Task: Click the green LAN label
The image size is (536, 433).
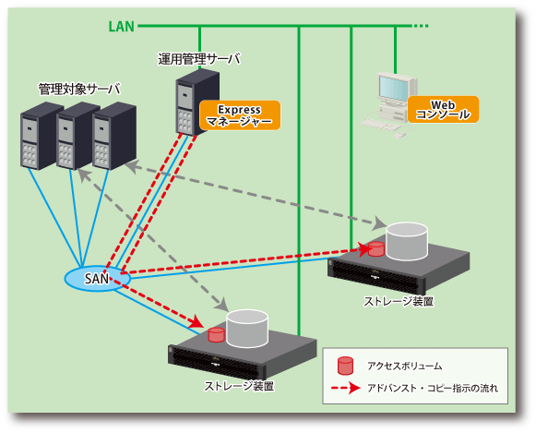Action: pos(122,27)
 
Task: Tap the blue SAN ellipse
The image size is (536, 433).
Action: pos(98,279)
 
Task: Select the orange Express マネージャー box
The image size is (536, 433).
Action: pos(240,115)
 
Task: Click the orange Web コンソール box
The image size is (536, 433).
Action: pos(443,110)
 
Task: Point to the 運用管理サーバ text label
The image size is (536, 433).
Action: pos(199,59)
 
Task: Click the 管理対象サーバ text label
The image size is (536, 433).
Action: pos(79,90)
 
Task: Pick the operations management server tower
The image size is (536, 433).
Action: pos(197,102)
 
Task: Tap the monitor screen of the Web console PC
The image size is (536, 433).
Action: pos(393,88)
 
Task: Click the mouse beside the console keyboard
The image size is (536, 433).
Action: pos(399,135)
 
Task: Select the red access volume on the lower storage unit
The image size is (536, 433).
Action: pos(216,335)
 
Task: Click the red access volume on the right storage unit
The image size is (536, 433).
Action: pos(376,249)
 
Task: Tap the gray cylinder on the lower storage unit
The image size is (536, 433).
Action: pos(247,329)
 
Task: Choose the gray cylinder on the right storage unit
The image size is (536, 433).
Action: pos(407,242)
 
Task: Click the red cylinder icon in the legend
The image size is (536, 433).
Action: pos(345,366)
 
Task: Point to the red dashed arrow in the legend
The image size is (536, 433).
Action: pos(346,388)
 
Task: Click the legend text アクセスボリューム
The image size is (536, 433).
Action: pos(404,366)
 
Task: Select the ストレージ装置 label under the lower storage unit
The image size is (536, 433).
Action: pos(239,386)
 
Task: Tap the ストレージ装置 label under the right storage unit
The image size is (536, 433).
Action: pos(399,301)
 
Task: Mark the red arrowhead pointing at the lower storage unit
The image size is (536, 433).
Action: pos(197,321)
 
